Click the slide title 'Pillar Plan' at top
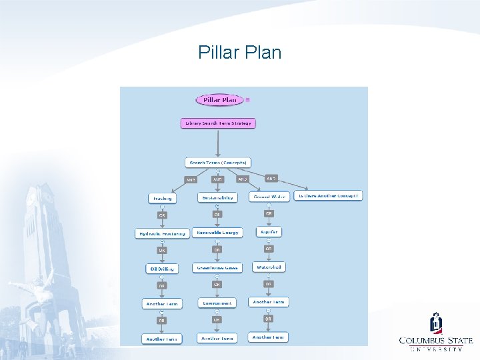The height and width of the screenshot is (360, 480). point(239,52)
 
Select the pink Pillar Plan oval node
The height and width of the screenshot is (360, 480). point(220,100)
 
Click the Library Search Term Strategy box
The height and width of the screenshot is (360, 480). point(218,123)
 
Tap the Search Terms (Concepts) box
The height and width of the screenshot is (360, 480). point(218,162)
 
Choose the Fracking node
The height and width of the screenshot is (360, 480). point(162,198)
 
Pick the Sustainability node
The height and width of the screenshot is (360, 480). point(217,197)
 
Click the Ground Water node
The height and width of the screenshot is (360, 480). point(269,197)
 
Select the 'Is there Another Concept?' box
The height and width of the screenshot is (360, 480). point(328,196)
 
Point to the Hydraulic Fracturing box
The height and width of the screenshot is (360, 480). point(162,233)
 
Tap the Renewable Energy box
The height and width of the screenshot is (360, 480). point(217,233)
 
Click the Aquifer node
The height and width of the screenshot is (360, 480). point(269,231)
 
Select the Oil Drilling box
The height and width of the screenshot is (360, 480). point(161,269)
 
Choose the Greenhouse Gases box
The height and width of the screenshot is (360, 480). point(217,268)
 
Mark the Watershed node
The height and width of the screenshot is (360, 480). point(269,267)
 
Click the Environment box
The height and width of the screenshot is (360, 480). point(217,303)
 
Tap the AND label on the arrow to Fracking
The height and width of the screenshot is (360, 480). point(191,179)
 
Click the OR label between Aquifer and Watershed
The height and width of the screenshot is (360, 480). point(268,249)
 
